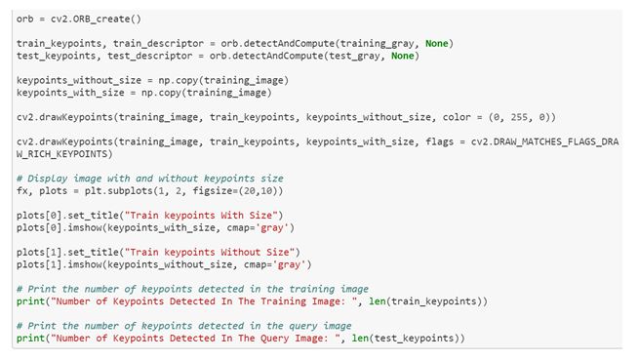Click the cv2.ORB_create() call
96,20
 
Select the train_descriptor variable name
158,44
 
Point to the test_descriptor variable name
150,56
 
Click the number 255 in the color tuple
519,117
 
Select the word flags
439,141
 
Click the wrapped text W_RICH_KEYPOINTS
64,154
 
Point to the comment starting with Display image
150,179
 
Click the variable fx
22,191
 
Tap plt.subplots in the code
119,191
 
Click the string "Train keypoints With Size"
201,216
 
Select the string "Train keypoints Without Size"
210,252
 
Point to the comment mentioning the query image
184,326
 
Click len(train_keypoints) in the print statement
428,301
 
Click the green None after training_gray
436,44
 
